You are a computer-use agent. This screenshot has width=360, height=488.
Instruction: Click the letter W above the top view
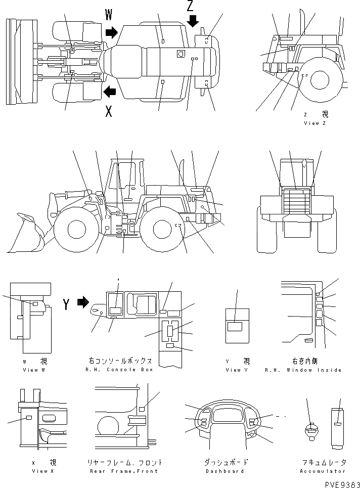(109, 15)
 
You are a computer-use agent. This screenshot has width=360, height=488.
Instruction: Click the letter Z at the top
(190, 6)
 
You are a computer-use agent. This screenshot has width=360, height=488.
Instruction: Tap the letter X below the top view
(109, 112)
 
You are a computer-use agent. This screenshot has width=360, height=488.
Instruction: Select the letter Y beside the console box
(66, 303)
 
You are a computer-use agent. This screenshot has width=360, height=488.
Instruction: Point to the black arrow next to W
(110, 33)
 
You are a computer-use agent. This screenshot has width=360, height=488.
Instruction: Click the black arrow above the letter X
(109, 92)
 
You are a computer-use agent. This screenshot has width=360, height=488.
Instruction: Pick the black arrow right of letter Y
(82, 302)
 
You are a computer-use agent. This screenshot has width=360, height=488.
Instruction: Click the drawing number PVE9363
(336, 482)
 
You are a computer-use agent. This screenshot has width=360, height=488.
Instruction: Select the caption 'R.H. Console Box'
(120, 370)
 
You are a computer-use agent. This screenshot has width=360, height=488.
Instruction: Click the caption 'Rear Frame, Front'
(123, 471)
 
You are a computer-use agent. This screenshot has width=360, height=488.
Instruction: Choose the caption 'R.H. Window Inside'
(310, 370)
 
